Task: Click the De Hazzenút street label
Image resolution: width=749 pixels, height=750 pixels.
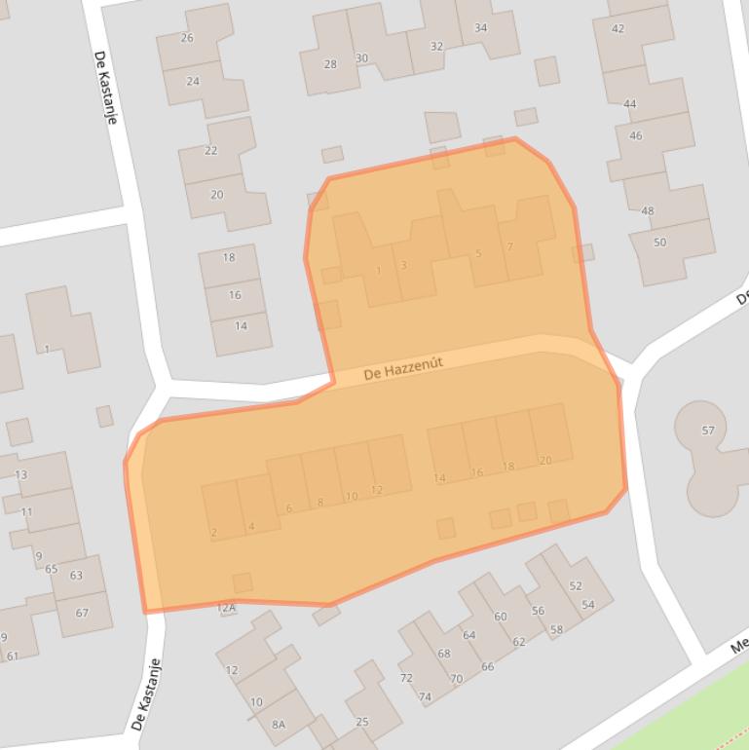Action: click(403, 368)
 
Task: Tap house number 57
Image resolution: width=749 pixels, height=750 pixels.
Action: click(708, 431)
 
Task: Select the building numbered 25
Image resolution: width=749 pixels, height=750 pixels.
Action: click(362, 722)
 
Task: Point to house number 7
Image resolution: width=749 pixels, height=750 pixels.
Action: click(510, 247)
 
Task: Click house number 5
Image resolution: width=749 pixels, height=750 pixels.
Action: click(478, 254)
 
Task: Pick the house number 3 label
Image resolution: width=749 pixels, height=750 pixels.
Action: click(403, 265)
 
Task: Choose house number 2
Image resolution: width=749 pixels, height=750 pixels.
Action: click(213, 532)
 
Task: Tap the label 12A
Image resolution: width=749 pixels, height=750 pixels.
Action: click(226, 608)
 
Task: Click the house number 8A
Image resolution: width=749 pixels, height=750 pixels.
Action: click(279, 724)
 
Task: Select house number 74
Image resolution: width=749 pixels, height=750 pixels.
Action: click(425, 697)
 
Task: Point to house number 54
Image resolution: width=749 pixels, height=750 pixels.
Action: click(588, 605)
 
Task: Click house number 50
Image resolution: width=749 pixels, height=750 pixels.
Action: click(660, 243)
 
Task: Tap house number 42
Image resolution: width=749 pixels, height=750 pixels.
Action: click(618, 29)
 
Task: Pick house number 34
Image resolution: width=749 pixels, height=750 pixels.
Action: click(481, 27)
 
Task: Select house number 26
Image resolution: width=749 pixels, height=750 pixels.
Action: click(187, 38)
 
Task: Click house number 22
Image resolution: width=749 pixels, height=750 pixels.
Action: click(211, 151)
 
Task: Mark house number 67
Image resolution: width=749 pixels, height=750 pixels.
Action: click(82, 613)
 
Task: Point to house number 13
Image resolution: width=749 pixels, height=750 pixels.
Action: click(21, 475)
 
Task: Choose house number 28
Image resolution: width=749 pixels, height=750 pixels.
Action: click(330, 64)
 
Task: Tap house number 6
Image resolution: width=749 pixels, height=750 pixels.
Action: click(289, 508)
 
